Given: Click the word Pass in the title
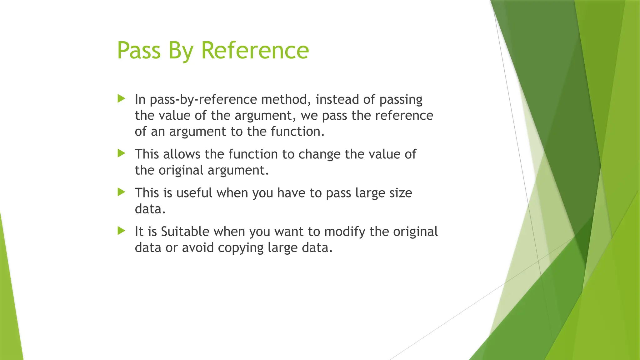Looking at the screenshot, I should pos(139,50).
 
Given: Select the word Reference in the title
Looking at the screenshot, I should pos(255,50).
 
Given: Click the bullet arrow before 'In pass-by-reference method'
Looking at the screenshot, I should pos(121,99).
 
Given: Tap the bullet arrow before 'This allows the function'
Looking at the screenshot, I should pos(121,153).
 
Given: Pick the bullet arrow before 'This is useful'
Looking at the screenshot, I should pos(121,192).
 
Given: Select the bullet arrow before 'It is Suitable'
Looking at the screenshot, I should pos(121,231).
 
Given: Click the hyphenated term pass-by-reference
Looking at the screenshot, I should pos(203,100).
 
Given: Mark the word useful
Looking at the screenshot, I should pos(194,193).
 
